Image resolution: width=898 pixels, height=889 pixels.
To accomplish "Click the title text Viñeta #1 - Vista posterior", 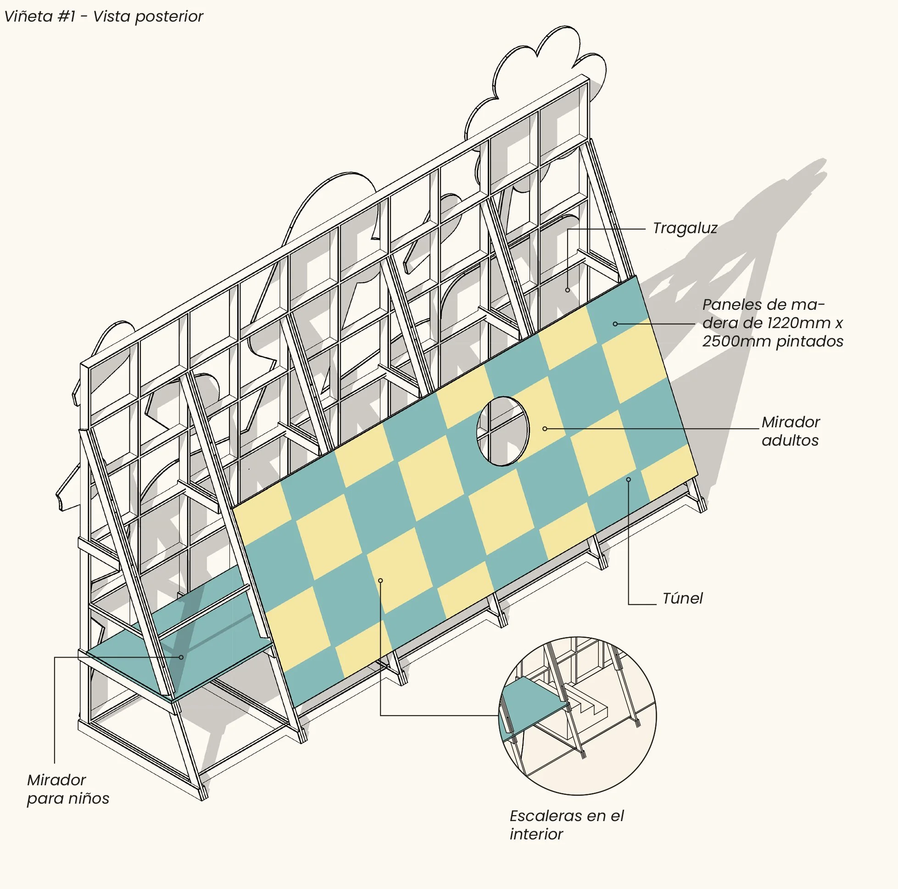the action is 103,16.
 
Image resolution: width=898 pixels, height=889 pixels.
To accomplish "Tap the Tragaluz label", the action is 685,228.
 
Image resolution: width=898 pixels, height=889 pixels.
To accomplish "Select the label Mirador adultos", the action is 790,431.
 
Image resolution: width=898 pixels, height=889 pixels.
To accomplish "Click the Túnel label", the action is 682,598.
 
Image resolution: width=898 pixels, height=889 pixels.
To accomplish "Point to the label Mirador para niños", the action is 68,789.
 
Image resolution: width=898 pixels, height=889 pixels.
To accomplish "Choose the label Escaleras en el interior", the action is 566,825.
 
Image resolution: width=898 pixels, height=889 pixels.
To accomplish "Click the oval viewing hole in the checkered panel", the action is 503,431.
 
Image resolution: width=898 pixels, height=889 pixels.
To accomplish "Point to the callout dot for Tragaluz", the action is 568,290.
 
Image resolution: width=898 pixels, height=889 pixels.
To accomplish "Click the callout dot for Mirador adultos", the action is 545,429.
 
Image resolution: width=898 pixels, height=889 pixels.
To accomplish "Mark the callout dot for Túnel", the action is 628,479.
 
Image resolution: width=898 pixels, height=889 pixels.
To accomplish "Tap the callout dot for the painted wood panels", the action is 615,324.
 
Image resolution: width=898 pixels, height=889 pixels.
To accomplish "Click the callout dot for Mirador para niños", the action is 181,657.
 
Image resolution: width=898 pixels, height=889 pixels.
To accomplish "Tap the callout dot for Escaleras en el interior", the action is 380,581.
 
